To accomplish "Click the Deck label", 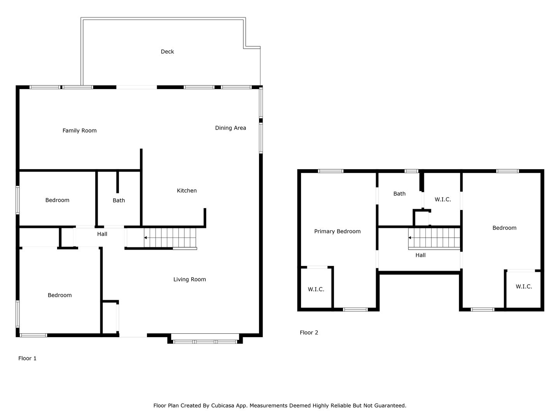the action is coord(167,51).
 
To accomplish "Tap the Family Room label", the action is coord(80,131).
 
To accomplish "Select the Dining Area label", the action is coord(230,128).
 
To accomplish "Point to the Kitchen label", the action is coord(187,191).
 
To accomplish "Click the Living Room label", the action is coord(189,279).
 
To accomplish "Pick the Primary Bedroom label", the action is coord(337,231).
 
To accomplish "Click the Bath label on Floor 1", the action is coord(119,200).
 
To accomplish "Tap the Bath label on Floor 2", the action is coord(399,194).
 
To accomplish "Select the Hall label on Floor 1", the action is coord(102,234).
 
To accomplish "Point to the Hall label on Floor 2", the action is coord(420,255).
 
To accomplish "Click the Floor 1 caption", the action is coord(27,358).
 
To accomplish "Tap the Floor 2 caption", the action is coord(309,332).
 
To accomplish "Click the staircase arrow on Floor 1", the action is coord(145,238).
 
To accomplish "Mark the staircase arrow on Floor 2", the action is coord(410,238).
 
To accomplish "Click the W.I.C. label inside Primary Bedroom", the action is coord(316,289).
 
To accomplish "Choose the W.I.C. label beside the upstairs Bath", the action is coord(443,199).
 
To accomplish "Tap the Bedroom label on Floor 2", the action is coord(504,228).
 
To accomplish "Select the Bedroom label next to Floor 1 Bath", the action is coord(57,200).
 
